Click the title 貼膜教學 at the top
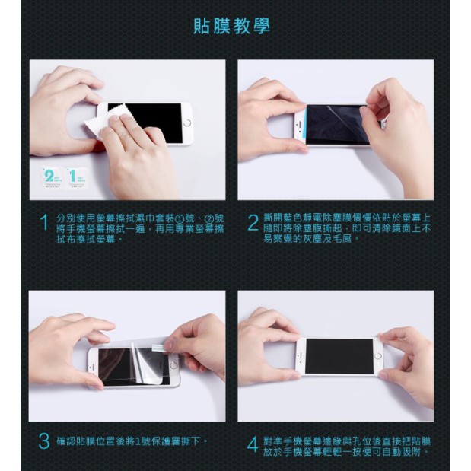pyautogui.click(x=231, y=26)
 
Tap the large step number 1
pyautogui.click(x=44, y=223)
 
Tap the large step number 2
pyautogui.click(x=253, y=223)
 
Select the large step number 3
pyautogui.click(x=44, y=441)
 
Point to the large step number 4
pyautogui.click(x=253, y=444)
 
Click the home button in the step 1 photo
pyautogui.click(x=187, y=123)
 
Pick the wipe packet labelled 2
pyautogui.click(x=52, y=177)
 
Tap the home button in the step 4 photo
pyautogui.click(x=378, y=357)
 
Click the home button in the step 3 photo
pyautogui.click(x=173, y=365)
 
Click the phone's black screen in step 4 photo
pyautogui.click(x=339, y=356)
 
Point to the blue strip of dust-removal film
pyautogui.click(x=305, y=123)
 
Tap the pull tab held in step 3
pyautogui.click(x=158, y=347)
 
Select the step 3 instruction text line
pyautogui.click(x=132, y=441)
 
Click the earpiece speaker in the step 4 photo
pyautogui.click(x=300, y=356)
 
